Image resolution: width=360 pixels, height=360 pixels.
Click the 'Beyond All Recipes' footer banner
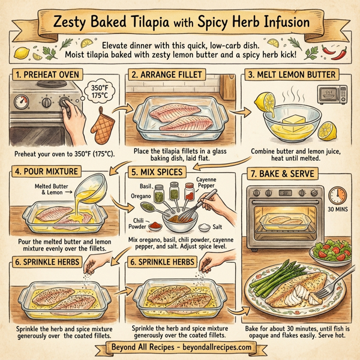coord(180,348)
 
